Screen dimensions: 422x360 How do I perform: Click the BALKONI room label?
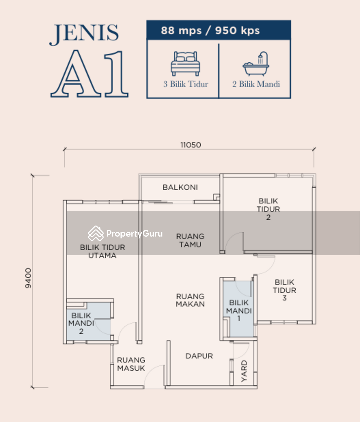tap(180, 187)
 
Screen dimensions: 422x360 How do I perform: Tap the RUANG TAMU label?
tap(190, 241)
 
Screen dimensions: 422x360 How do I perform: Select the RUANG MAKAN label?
tap(190, 300)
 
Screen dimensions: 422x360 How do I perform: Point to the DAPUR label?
tap(199, 356)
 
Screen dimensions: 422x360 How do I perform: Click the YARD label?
tap(244, 371)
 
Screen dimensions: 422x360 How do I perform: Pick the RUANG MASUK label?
tap(131, 364)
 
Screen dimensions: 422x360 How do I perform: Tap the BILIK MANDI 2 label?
tap(81, 324)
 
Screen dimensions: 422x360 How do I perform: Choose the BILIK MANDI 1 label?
tap(239, 311)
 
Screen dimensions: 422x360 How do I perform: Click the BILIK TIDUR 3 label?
tap(284, 290)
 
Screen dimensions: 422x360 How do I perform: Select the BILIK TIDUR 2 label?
tap(268, 209)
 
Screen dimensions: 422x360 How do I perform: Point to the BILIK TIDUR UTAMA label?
tap(102, 252)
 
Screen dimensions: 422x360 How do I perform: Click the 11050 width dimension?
tap(191, 145)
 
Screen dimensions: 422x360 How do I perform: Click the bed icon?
tap(185, 63)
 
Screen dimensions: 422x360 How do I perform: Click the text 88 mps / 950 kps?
tap(210, 30)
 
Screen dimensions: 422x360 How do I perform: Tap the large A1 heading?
tap(90, 74)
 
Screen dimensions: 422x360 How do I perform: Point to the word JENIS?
tap(84, 33)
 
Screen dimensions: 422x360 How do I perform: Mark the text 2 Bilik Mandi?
tap(256, 84)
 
